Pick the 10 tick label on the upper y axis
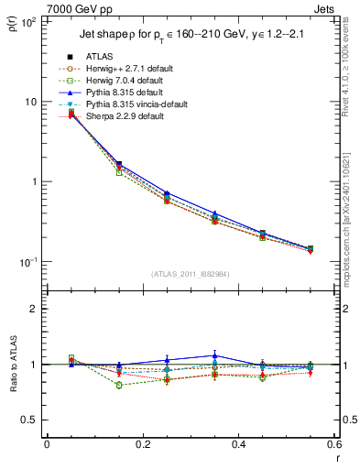click(x=31, y=102)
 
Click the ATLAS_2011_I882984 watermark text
click(x=191, y=274)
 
